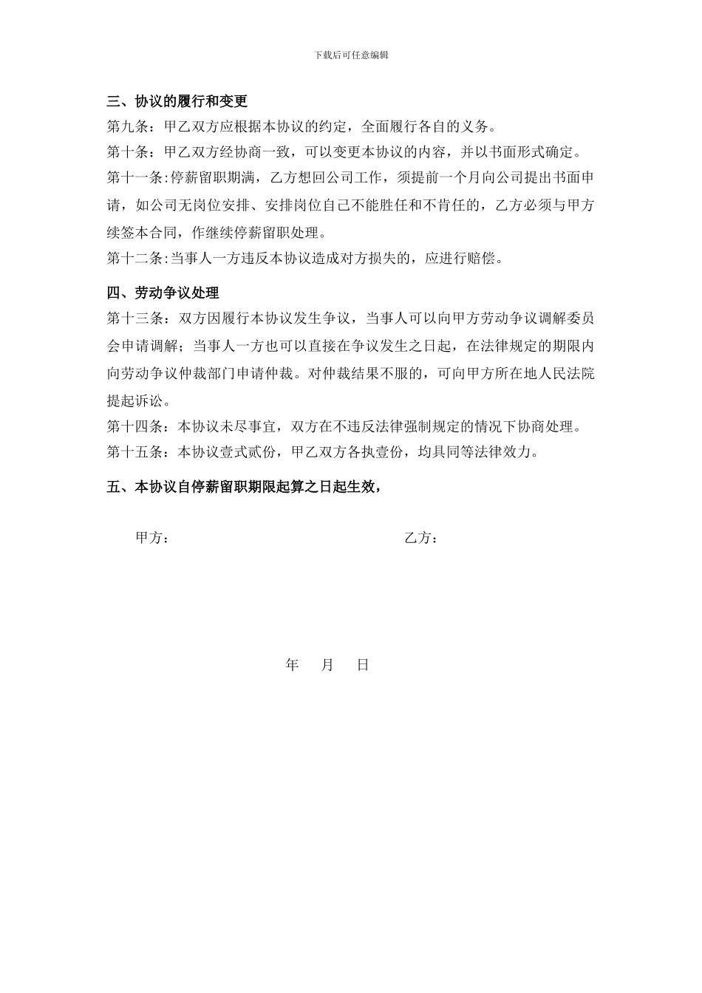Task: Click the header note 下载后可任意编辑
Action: pyautogui.click(x=351, y=55)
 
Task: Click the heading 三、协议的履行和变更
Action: pyautogui.click(x=177, y=101)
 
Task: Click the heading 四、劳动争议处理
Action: pyautogui.click(x=163, y=293)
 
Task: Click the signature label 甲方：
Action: pyautogui.click(x=152, y=539)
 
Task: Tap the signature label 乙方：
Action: pyautogui.click(x=421, y=539)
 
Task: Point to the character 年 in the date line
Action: pyautogui.click(x=292, y=665)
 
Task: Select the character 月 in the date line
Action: pyautogui.click(x=328, y=665)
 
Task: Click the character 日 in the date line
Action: pyautogui.click(x=363, y=665)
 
